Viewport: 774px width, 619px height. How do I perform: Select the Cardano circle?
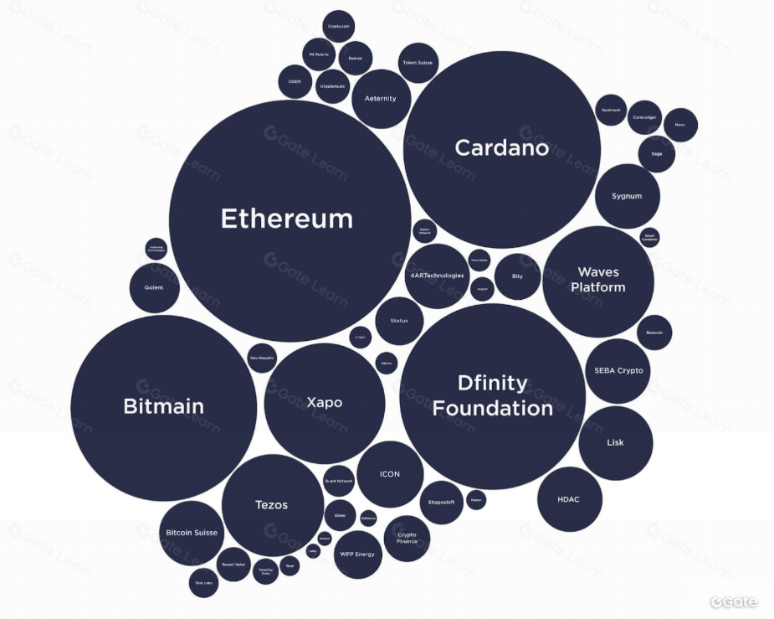coord(502,148)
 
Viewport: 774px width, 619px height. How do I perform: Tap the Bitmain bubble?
coord(164,407)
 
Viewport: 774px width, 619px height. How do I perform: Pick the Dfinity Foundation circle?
coord(492,395)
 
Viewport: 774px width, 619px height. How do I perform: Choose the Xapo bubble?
coord(325,403)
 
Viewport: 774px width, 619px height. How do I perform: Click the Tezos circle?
coord(272,504)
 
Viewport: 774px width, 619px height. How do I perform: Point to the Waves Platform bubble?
coord(597,280)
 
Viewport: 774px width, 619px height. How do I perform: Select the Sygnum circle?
coord(627,196)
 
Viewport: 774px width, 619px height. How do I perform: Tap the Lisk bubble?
coord(615,442)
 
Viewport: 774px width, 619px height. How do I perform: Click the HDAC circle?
coord(568,499)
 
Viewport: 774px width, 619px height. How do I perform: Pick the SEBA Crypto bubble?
coord(618,370)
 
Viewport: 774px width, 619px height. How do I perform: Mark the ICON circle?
coord(390,474)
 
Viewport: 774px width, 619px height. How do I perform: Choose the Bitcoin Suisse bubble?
coord(192,533)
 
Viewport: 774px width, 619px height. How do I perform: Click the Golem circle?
coord(154,287)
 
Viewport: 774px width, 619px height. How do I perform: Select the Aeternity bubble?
coord(381,99)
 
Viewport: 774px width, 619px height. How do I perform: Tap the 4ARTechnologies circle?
coord(437,276)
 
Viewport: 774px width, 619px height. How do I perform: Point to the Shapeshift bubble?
coord(440,502)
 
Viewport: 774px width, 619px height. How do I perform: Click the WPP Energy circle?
coord(357,554)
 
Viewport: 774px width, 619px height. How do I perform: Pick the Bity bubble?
coord(517,276)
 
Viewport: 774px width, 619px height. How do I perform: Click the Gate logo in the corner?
coord(734,601)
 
